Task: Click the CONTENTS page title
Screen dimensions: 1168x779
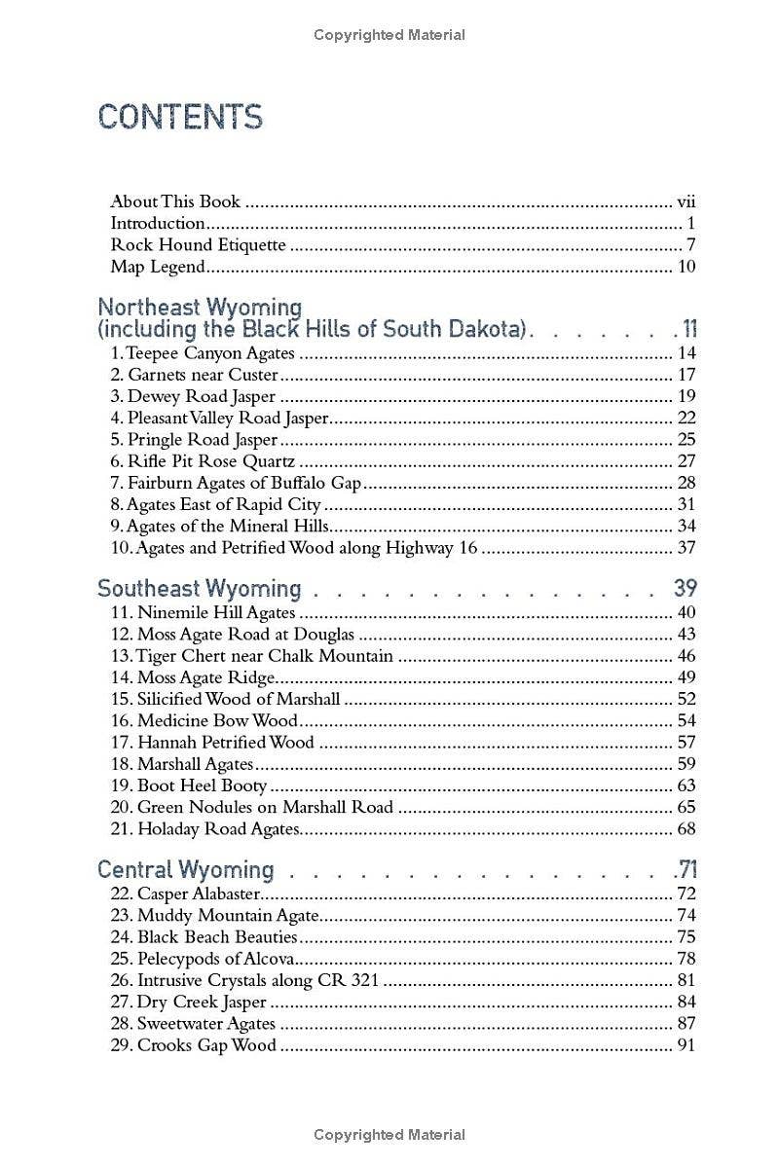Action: click(180, 117)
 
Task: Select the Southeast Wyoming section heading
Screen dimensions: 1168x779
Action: click(200, 589)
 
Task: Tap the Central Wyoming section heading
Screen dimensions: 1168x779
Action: click(186, 869)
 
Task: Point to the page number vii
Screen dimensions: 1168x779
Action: click(686, 202)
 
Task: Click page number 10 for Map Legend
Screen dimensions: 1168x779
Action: click(686, 267)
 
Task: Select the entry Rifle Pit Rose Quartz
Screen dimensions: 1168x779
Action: click(203, 461)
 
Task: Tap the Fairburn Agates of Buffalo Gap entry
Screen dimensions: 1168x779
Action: click(236, 483)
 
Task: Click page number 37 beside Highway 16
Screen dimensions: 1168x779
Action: click(686, 548)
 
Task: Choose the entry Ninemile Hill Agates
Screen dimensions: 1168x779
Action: click(203, 613)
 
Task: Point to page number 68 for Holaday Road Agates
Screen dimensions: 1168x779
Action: click(686, 829)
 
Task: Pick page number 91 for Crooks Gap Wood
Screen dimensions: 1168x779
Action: click(686, 1045)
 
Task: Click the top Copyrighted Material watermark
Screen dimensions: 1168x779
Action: click(389, 35)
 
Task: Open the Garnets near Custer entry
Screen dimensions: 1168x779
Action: click(195, 375)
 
